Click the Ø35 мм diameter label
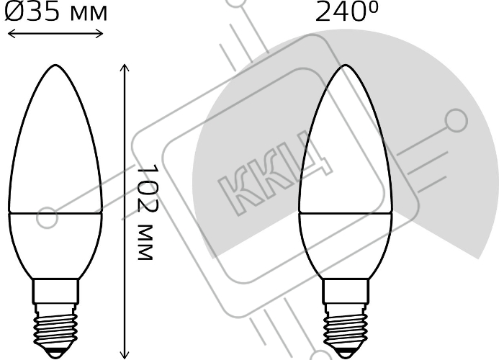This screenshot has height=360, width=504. click(56, 12)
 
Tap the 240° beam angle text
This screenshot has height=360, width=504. click(347, 12)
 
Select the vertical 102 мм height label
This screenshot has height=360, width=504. click(148, 212)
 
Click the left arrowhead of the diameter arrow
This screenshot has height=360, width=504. click(9, 33)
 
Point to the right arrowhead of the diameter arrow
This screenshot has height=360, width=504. click(101, 33)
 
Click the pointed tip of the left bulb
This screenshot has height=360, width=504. click(55, 66)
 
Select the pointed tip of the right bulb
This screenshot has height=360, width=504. click(345, 66)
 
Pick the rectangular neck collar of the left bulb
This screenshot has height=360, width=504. click(55, 291)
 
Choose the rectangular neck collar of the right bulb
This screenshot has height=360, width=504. click(346, 291)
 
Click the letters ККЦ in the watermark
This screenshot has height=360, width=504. click(275, 173)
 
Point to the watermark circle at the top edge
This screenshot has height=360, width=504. click(237, 1)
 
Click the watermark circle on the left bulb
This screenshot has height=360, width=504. click(48, 217)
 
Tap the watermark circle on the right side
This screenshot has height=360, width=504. click(456, 120)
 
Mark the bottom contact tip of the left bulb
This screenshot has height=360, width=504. click(55, 354)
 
